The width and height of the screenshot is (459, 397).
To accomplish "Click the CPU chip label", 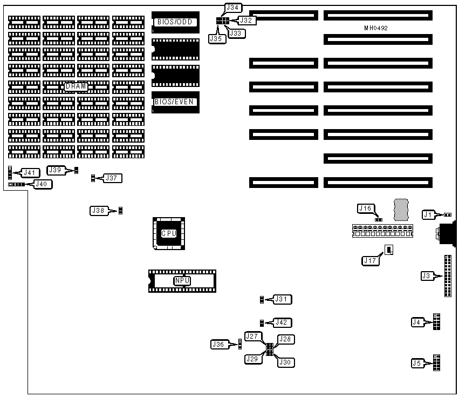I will pos(169,233).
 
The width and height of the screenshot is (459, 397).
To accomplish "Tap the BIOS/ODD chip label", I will pos(175,22).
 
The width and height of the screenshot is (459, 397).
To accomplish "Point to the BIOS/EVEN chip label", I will pos(175,101).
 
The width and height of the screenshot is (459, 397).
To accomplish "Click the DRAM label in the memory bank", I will pos(76,86).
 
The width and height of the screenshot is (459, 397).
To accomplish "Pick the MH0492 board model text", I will pos(376,28).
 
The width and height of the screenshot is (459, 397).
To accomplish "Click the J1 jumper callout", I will pos(428,214).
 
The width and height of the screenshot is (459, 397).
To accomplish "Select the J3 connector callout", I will pos(427,276).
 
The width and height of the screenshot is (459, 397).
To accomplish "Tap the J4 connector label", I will pos(416,322).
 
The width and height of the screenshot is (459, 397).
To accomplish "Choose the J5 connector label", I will pos(416,363).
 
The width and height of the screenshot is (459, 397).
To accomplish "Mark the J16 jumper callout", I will pos(365,208).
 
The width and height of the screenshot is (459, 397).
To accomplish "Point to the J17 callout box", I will pos(369,260).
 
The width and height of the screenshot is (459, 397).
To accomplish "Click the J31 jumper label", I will pos(282,299).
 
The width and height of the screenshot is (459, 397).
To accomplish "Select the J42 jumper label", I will pos(282,322).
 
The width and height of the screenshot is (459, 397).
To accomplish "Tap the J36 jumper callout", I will pos(218,344).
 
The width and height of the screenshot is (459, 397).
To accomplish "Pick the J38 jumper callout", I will pos(98,211).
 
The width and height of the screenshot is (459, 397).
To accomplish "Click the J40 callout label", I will pos(42,184).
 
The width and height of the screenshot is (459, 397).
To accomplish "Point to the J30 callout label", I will pos(286,363).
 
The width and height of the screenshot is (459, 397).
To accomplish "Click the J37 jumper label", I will pos(114,178).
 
